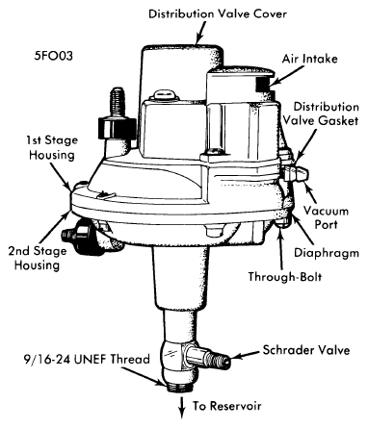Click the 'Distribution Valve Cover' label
click(218, 13)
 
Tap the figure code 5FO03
click(54, 56)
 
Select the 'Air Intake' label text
click(310, 59)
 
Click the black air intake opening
click(263, 84)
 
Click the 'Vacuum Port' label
click(326, 217)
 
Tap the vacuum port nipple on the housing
click(297, 174)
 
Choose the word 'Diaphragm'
click(327, 253)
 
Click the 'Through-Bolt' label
click(285, 276)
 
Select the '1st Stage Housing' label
click(52, 147)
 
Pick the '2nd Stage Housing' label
click(38, 258)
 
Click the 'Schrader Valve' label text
click(306, 350)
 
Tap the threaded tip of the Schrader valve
click(220, 358)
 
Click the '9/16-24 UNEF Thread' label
click(87, 359)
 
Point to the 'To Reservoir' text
click(227, 406)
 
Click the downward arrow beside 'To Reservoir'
click(182, 407)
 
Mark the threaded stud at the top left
click(117, 102)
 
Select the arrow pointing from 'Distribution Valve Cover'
click(200, 33)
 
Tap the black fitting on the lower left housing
click(78, 236)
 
